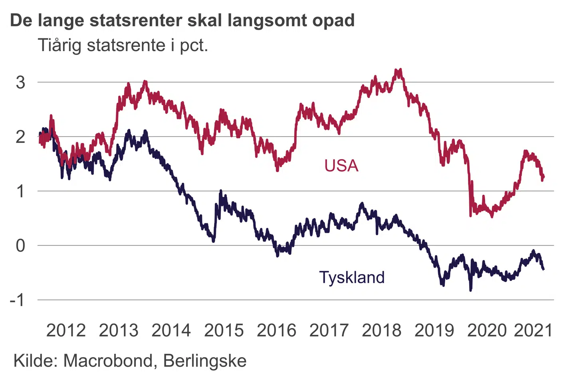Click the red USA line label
point(341,166)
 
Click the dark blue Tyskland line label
point(352,277)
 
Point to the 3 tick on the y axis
point(20,82)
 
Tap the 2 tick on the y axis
point(20,137)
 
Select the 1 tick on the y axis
point(20,191)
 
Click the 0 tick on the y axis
point(20,246)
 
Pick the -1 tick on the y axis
point(18,300)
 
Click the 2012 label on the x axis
point(66,331)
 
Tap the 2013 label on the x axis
point(119,331)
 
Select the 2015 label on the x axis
point(224,331)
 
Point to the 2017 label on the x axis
point(329,331)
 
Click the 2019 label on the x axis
point(434,331)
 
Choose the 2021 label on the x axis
point(533,331)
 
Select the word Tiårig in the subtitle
point(60,45)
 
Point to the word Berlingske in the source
point(205,361)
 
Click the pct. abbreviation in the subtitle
point(194,46)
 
